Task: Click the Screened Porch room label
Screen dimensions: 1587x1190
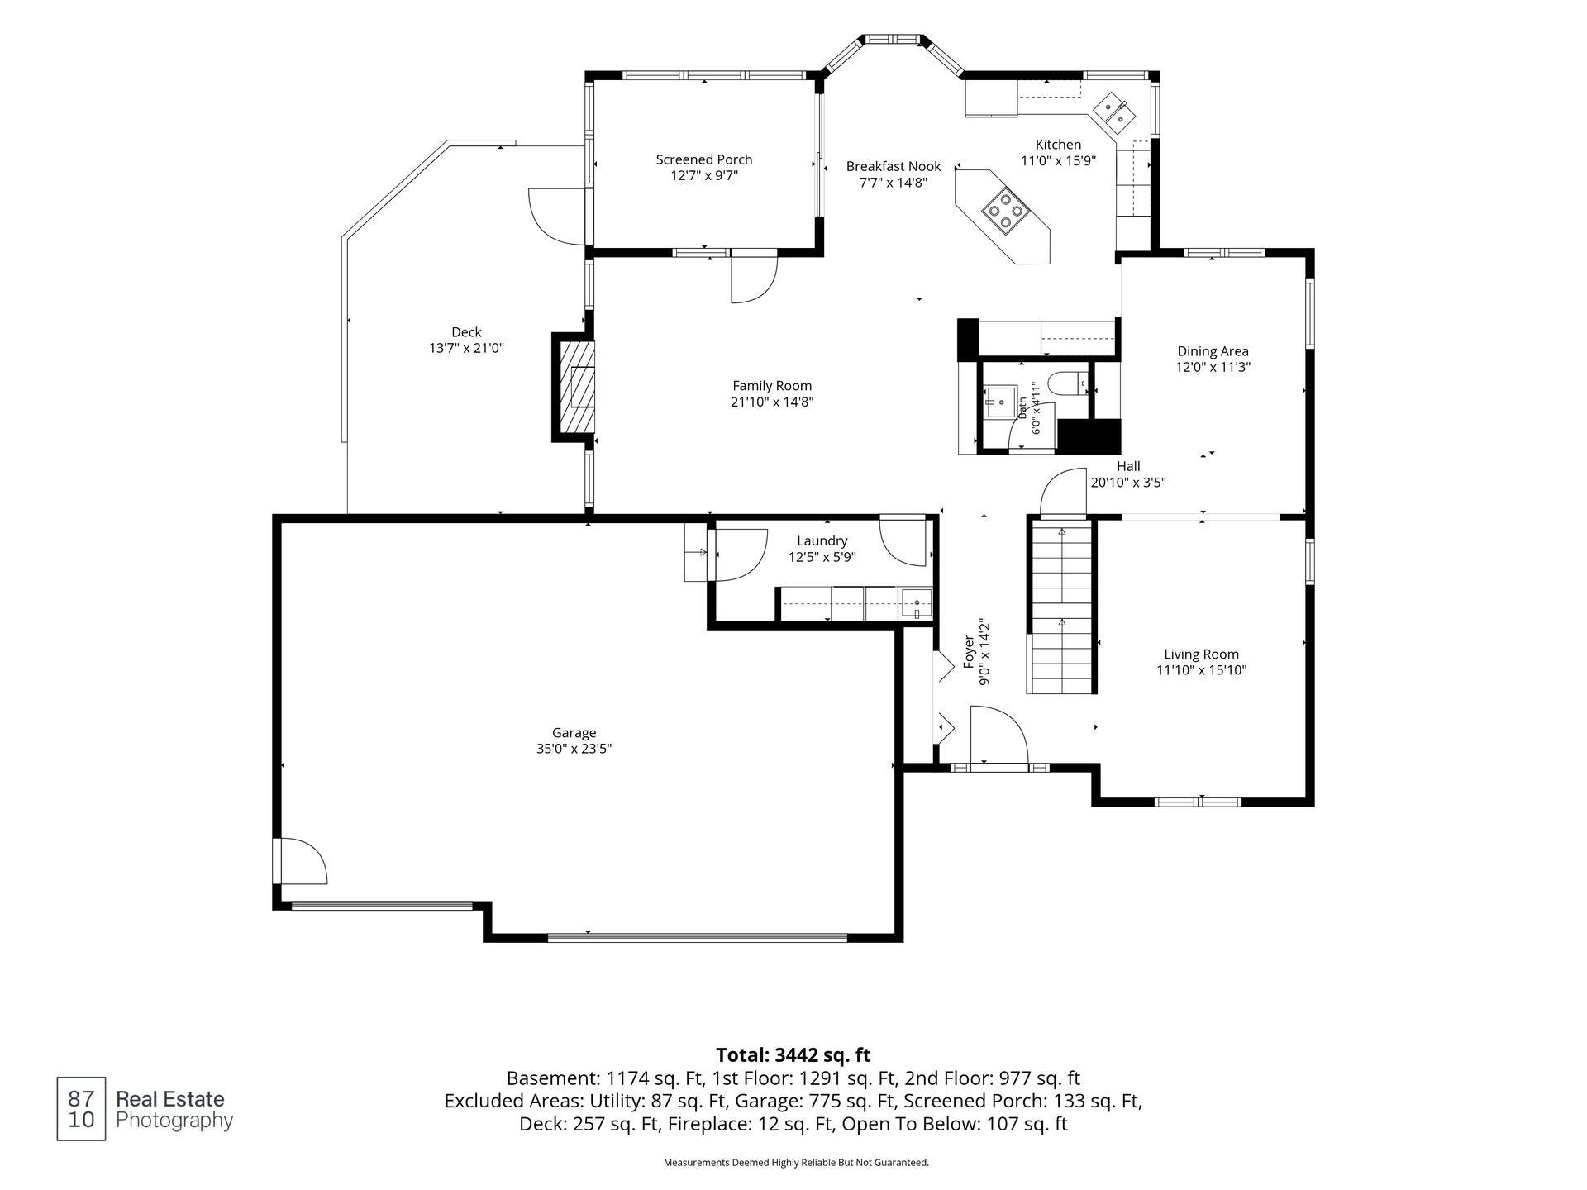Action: click(704, 159)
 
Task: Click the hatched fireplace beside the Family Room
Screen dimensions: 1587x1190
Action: click(577, 388)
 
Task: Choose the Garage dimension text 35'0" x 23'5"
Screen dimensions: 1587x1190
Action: click(574, 749)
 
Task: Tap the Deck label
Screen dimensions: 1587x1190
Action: click(466, 332)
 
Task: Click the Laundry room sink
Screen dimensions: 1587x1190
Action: click(916, 603)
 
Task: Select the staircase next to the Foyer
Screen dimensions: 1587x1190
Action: click(1061, 606)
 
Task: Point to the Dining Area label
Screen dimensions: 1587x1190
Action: click(1213, 351)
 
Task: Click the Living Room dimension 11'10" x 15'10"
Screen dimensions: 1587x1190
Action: click(1201, 670)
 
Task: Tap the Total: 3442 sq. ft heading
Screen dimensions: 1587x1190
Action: click(793, 1054)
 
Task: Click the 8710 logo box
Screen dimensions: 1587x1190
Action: click(81, 1109)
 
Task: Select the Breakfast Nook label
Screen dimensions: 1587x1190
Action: click(894, 166)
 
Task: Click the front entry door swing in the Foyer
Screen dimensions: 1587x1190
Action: click(998, 735)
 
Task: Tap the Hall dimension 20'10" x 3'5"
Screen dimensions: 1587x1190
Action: click(1128, 483)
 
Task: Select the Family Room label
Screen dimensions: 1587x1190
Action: click(772, 385)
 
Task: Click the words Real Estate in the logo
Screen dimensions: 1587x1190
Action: click(169, 1099)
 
